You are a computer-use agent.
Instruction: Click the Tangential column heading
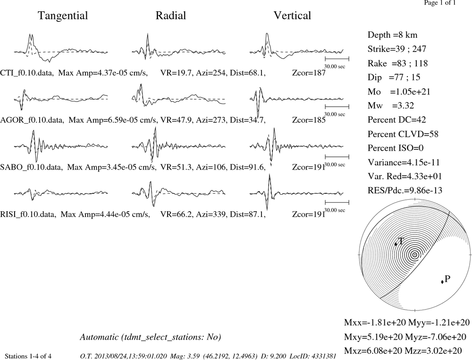[63, 16]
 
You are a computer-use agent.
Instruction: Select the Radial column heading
[171, 16]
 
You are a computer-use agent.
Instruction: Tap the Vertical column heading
[292, 16]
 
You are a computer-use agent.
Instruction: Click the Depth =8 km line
[392, 35]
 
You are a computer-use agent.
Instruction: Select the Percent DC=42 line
[397, 120]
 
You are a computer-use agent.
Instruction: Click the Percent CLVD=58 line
[403, 134]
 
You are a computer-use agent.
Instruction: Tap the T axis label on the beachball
[401, 241]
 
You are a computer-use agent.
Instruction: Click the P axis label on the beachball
[447, 279]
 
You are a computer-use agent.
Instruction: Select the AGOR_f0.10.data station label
[32, 120]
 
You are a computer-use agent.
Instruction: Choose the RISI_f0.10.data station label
[28, 214]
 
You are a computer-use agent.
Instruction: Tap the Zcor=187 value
[309, 73]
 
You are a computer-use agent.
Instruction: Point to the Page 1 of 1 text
[440, 3]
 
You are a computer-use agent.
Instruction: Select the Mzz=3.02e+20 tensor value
[433, 351]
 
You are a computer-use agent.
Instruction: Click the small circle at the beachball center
[415, 255]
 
